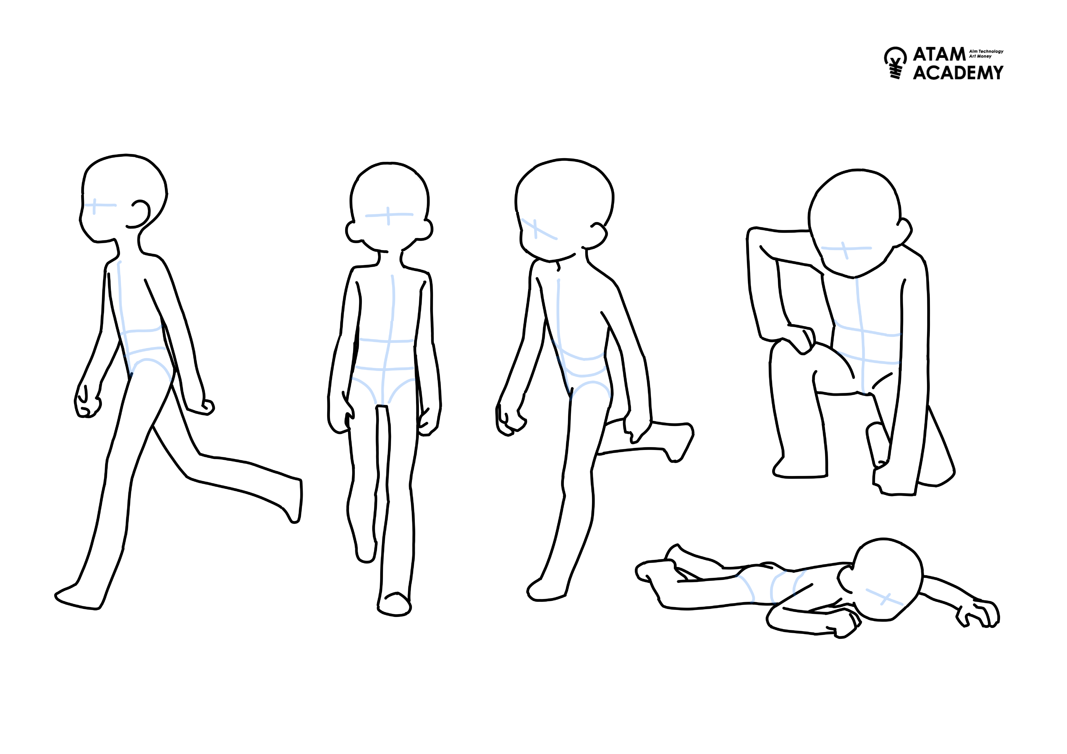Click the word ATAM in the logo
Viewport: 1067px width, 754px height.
pos(939,54)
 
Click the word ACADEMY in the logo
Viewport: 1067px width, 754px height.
pos(958,72)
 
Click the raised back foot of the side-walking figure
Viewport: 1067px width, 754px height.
pos(292,502)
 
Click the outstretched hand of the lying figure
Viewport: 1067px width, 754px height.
pos(978,614)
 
